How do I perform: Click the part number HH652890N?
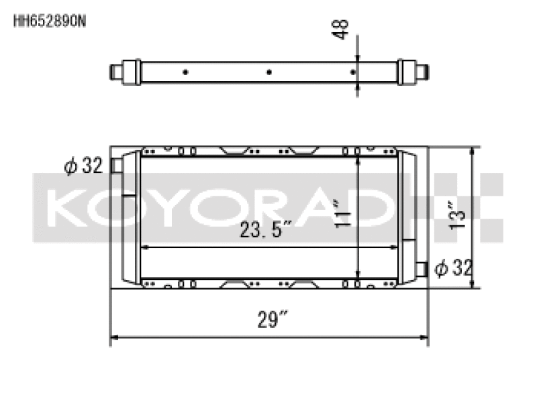(49, 20)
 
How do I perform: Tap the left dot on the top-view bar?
(185, 72)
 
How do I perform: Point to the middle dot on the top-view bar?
(268, 72)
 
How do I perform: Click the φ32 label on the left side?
(83, 166)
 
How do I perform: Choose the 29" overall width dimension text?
(268, 320)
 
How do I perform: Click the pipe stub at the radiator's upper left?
(116, 165)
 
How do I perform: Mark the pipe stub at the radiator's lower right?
(421, 269)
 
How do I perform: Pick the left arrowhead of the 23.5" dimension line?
(144, 247)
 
